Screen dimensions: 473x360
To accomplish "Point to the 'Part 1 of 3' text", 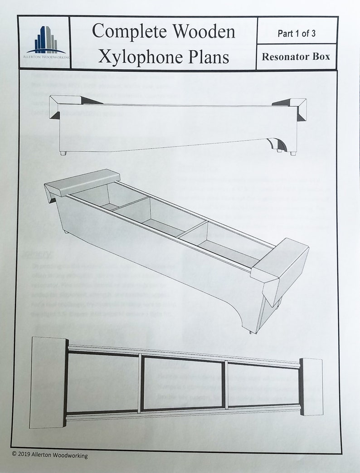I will tap(297, 34).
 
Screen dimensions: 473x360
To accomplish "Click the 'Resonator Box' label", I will tap(296, 57).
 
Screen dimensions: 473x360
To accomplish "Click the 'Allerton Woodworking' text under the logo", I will tap(44, 58).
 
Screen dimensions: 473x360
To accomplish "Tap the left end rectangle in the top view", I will tap(48, 382).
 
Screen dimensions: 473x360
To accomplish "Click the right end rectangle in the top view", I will tap(311, 386).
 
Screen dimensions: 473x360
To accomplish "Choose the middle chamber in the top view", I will tap(184, 384).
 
